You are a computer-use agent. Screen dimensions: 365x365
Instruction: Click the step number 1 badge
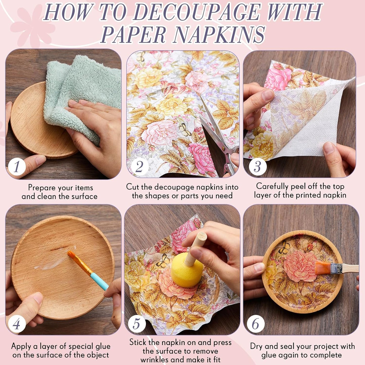pyautogui.click(x=17, y=167)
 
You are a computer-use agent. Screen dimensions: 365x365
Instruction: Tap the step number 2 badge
pyautogui.click(x=139, y=167)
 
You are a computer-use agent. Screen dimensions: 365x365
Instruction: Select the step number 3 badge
pyautogui.click(x=257, y=167)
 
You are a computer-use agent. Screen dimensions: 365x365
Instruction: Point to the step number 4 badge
pyautogui.click(x=17, y=324)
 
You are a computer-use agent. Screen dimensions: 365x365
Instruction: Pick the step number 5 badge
pyautogui.click(x=136, y=324)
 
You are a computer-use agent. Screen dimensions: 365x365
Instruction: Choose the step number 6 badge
pyautogui.click(x=256, y=324)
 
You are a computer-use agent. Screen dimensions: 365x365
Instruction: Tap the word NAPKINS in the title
pyautogui.click(x=219, y=35)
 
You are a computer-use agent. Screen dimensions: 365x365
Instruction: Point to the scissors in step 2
pyautogui.click(x=220, y=141)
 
